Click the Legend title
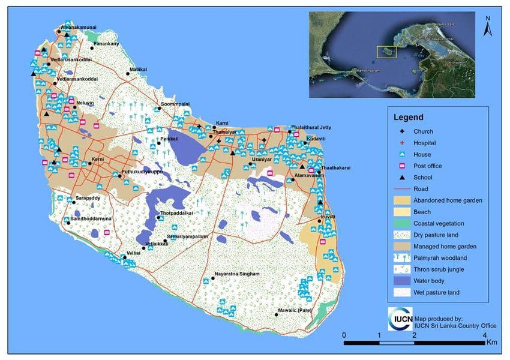(x=408, y=117)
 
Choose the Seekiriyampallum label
(x=188, y=237)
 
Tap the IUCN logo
(x=400, y=319)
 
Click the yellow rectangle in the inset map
(x=386, y=52)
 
